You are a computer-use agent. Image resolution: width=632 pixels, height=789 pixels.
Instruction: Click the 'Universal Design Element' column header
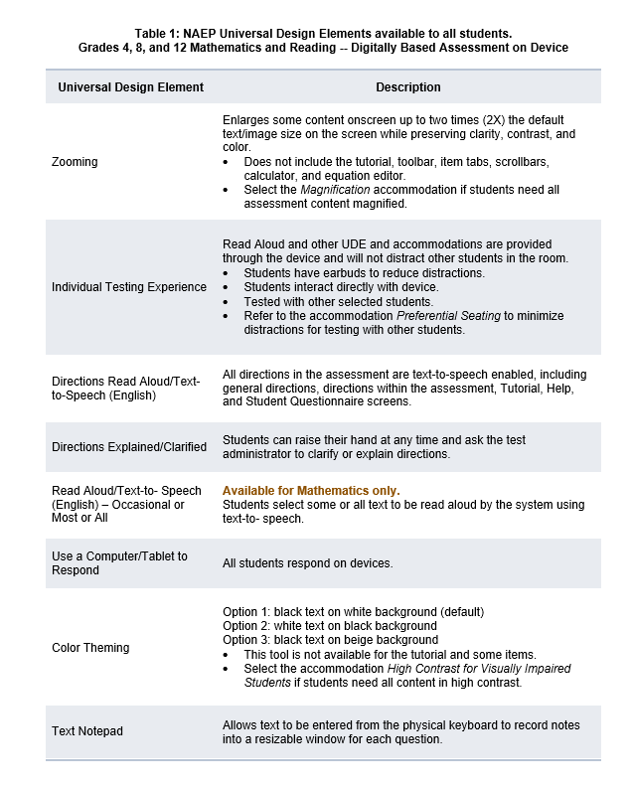click(130, 87)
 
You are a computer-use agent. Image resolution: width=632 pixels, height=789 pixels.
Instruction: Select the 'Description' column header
click(408, 87)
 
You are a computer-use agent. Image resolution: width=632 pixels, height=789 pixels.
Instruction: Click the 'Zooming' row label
click(75, 161)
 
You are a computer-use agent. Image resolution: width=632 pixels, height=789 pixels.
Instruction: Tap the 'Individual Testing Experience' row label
click(129, 287)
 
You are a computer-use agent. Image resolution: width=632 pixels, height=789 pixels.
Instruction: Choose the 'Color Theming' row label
click(90, 648)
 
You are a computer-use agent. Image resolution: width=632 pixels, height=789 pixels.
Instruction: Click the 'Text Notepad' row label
click(87, 731)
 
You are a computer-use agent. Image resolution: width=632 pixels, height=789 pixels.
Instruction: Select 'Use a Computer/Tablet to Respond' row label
click(119, 563)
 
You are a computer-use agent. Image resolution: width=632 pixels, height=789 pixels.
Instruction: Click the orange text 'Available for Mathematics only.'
click(311, 491)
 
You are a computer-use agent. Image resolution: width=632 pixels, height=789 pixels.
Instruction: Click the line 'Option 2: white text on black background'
click(330, 626)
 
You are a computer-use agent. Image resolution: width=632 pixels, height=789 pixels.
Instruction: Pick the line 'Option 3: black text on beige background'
click(331, 640)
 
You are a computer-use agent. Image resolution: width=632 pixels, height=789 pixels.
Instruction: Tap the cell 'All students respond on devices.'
click(308, 563)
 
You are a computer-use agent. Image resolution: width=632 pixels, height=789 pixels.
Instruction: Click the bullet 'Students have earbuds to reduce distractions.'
click(365, 273)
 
